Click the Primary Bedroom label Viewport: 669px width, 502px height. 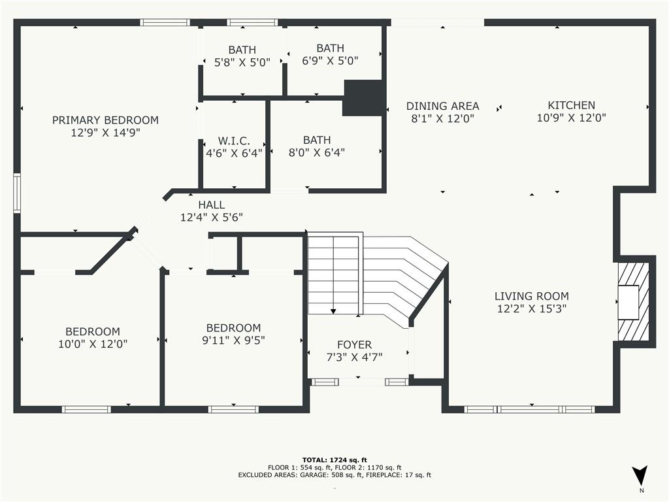pyautogui.click(x=105, y=120)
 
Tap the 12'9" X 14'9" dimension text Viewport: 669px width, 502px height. pyautogui.click(x=105, y=132)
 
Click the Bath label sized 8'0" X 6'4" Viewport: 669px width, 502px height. pyautogui.click(x=317, y=140)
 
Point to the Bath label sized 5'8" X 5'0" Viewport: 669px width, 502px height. pyautogui.click(x=242, y=50)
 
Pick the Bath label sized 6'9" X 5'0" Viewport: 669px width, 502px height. pyautogui.click(x=330, y=48)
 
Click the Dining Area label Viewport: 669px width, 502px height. pyautogui.click(x=442, y=106)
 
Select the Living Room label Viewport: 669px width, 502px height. pyautogui.click(x=531, y=296)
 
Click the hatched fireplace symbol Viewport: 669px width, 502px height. pyautogui.click(x=633, y=302)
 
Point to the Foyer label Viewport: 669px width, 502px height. pyautogui.click(x=354, y=344)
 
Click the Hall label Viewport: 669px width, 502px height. pyautogui.click(x=211, y=205)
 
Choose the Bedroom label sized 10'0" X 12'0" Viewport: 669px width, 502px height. pyautogui.click(x=92, y=331)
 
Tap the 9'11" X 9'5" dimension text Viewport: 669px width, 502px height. pyautogui.click(x=233, y=340)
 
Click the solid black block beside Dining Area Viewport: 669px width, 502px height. pyautogui.click(x=363, y=98)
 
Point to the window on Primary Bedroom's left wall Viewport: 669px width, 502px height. pyautogui.click(x=17, y=193)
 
